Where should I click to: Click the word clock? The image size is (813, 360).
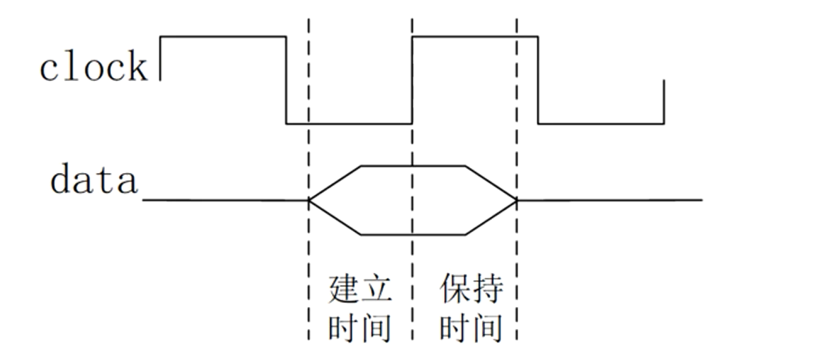[93, 66]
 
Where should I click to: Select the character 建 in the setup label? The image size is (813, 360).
[343, 290]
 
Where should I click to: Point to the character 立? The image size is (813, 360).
[375, 290]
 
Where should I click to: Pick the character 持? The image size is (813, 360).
[488, 289]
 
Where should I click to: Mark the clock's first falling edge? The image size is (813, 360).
[286, 80]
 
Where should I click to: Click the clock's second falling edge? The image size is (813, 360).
[538, 80]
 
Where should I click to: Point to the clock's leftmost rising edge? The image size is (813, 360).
[160, 58]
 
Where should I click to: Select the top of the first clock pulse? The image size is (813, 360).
[223, 37]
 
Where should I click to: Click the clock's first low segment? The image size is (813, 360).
[349, 124]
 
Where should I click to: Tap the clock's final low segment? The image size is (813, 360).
[601, 124]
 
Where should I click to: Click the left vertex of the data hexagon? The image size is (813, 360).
[310, 200]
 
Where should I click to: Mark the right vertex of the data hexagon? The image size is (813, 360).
[517, 200]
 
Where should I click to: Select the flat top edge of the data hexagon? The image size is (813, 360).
[413, 165]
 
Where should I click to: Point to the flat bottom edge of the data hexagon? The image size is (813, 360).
[413, 235]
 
